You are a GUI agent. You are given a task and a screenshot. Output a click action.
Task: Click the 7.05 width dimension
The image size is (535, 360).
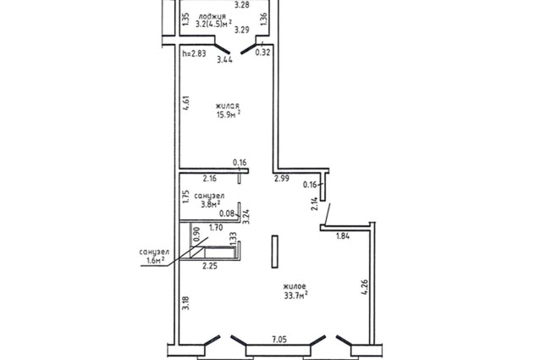(279, 340)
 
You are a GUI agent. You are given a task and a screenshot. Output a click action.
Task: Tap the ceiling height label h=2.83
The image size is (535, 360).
(194, 53)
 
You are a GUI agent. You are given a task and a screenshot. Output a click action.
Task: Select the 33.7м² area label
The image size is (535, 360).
(296, 295)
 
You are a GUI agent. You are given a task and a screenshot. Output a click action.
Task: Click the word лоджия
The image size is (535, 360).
(212, 16)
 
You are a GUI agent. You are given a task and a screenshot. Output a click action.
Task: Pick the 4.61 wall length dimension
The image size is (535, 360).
(186, 102)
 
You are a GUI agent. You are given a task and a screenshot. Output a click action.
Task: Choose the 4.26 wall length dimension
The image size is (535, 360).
(364, 287)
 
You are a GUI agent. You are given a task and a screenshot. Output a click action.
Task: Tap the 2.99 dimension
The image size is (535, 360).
(282, 178)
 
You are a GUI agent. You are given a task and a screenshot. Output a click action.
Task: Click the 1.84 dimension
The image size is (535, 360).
(343, 236)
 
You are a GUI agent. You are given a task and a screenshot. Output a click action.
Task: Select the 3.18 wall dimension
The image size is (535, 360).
(185, 303)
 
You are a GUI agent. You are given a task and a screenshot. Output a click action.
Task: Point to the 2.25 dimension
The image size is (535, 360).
(210, 266)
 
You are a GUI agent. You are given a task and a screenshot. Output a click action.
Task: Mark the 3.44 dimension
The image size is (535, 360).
(225, 59)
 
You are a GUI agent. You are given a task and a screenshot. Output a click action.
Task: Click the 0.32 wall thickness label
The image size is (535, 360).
(263, 53)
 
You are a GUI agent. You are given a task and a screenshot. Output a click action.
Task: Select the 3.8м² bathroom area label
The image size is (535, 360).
(210, 204)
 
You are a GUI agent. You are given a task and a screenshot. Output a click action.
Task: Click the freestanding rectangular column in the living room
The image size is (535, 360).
(274, 252)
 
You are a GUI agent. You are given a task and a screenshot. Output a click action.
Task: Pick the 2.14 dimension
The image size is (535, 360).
(315, 203)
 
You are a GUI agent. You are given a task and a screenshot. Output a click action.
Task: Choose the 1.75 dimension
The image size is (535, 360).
(185, 197)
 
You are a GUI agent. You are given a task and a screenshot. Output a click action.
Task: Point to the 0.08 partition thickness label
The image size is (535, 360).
(227, 213)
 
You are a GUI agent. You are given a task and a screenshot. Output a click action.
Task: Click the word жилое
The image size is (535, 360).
(295, 286)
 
